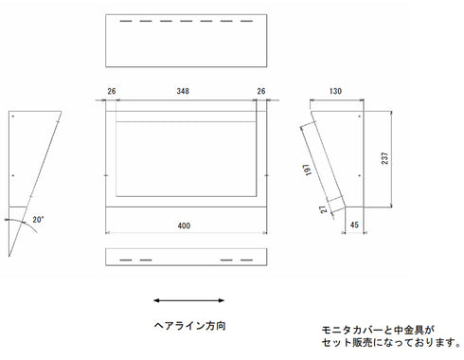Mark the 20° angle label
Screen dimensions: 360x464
pos(38,219)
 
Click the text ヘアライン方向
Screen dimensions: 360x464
pos(189,324)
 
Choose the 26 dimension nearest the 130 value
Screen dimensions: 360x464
pos(260,91)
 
